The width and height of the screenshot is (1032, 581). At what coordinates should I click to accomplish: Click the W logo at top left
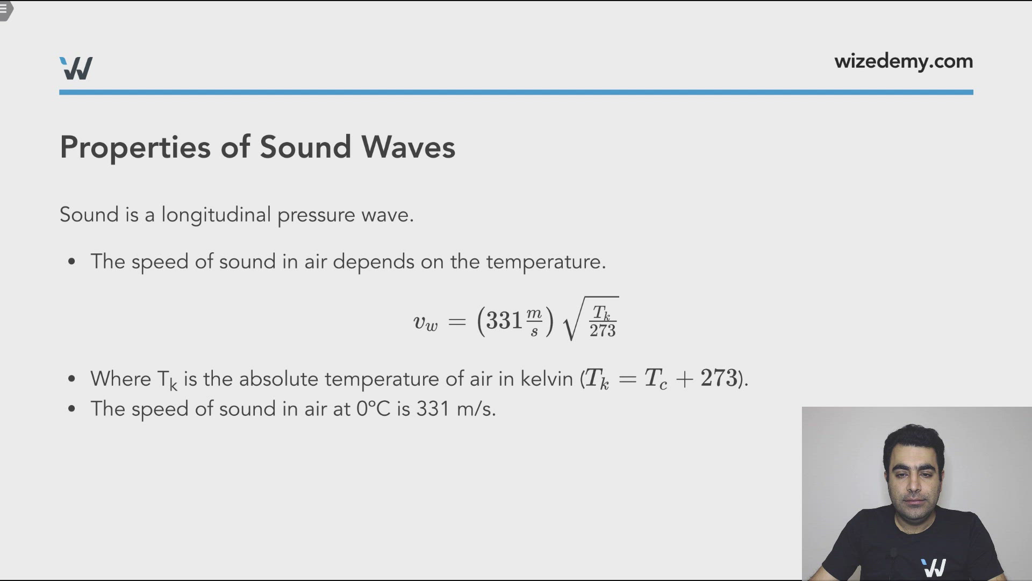[76, 68]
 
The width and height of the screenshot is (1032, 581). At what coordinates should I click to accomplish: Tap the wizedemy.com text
[903, 61]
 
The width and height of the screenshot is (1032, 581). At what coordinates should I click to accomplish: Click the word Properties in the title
[135, 147]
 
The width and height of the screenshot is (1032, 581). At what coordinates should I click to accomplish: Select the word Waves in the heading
[408, 147]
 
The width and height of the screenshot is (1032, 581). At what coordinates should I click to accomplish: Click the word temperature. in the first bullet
[546, 262]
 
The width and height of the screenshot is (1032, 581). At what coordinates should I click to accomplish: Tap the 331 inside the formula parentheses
[504, 321]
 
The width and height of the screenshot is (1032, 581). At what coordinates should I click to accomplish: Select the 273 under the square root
[603, 331]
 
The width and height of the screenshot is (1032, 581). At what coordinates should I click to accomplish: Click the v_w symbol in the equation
[425, 322]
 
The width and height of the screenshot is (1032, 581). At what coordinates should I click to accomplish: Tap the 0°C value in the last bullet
[373, 409]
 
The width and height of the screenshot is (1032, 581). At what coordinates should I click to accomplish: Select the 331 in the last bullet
[433, 409]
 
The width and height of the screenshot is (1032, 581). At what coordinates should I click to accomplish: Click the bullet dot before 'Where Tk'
[71, 379]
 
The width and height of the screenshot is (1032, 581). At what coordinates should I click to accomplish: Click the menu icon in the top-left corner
[4, 9]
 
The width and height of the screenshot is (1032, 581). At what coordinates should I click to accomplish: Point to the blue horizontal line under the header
[516, 93]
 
